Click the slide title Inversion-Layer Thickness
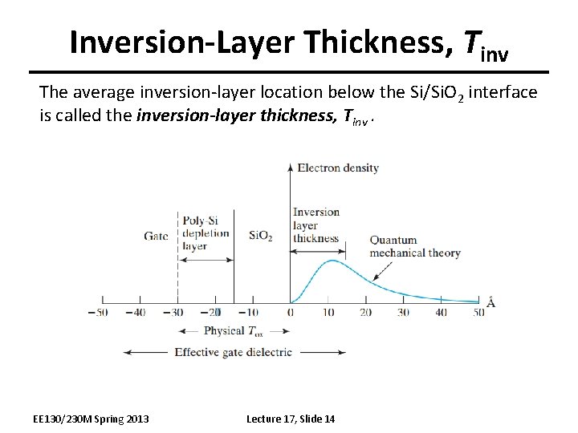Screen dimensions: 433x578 coord(289,42)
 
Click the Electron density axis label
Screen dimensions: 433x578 coord(337,168)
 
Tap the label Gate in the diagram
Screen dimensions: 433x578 coord(156,235)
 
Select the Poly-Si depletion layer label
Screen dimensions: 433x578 coord(205,233)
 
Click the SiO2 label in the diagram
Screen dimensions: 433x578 coord(260,236)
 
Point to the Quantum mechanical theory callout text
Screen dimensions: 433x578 coord(414,246)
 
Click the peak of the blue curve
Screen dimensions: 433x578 coord(332,261)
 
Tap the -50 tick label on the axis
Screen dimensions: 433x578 coord(98,312)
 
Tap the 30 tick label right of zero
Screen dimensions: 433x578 coord(403,312)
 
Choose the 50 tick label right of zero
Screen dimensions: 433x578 coord(478,312)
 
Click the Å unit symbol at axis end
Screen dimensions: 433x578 coord(490,303)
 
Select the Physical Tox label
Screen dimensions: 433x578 coord(234,330)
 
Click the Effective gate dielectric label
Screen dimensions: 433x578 coord(233,351)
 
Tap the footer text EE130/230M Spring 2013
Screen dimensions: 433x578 coord(91,419)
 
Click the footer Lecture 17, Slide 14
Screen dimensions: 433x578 coord(291,419)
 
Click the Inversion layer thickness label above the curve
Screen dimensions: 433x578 coord(315,225)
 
